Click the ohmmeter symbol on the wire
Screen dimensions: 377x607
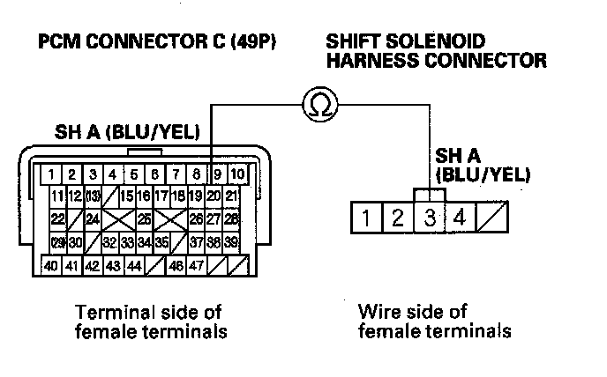click(x=317, y=105)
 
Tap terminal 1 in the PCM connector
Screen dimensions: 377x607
click(x=54, y=174)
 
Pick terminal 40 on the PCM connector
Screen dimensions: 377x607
click(x=52, y=263)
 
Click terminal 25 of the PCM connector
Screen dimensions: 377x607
click(x=144, y=218)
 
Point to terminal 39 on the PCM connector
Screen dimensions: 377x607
click(x=232, y=241)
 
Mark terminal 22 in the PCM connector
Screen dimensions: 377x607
click(x=57, y=218)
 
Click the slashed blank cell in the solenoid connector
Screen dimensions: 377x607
click(x=490, y=217)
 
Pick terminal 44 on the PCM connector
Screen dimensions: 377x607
click(x=134, y=263)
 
